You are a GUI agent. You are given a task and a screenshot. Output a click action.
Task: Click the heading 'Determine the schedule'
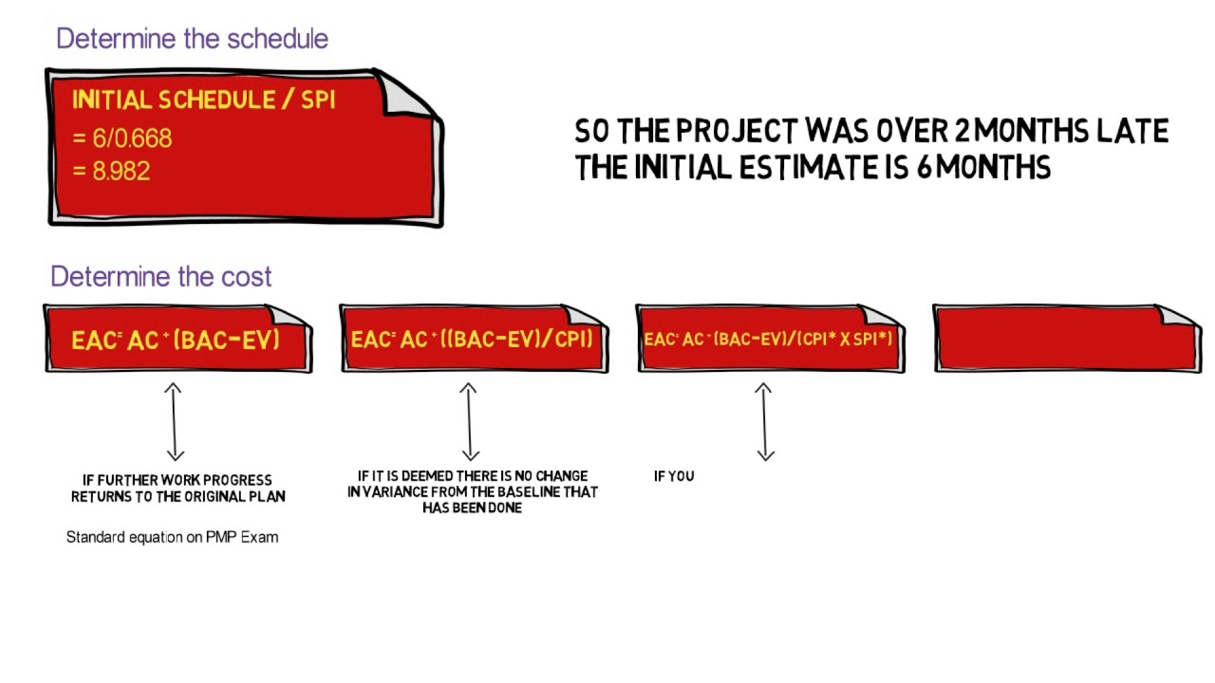pos(192,39)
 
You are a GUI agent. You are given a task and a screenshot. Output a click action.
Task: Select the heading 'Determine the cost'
pos(160,277)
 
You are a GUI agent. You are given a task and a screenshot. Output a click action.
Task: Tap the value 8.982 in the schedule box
pos(121,172)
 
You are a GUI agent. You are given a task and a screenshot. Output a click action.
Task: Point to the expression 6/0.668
pos(131,138)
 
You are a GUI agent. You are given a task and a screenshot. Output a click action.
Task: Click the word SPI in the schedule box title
pos(318,101)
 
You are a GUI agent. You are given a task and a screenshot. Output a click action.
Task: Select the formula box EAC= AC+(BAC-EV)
pos(177,340)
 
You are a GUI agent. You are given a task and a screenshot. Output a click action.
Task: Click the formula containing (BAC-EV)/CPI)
pos(473,340)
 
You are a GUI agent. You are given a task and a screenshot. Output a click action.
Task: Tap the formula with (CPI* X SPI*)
pos(769,339)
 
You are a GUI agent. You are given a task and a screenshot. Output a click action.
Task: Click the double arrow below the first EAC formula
pos(173,421)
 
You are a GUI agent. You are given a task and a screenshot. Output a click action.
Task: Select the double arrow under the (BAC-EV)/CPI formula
pos(468,421)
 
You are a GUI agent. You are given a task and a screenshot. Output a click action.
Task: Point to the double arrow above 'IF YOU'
pos(764,421)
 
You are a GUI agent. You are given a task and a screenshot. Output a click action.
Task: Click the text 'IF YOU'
pos(674,476)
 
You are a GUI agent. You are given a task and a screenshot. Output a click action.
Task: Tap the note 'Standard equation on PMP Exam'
pos(172,537)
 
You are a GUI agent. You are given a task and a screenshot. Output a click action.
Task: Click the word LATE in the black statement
pos(1132,131)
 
